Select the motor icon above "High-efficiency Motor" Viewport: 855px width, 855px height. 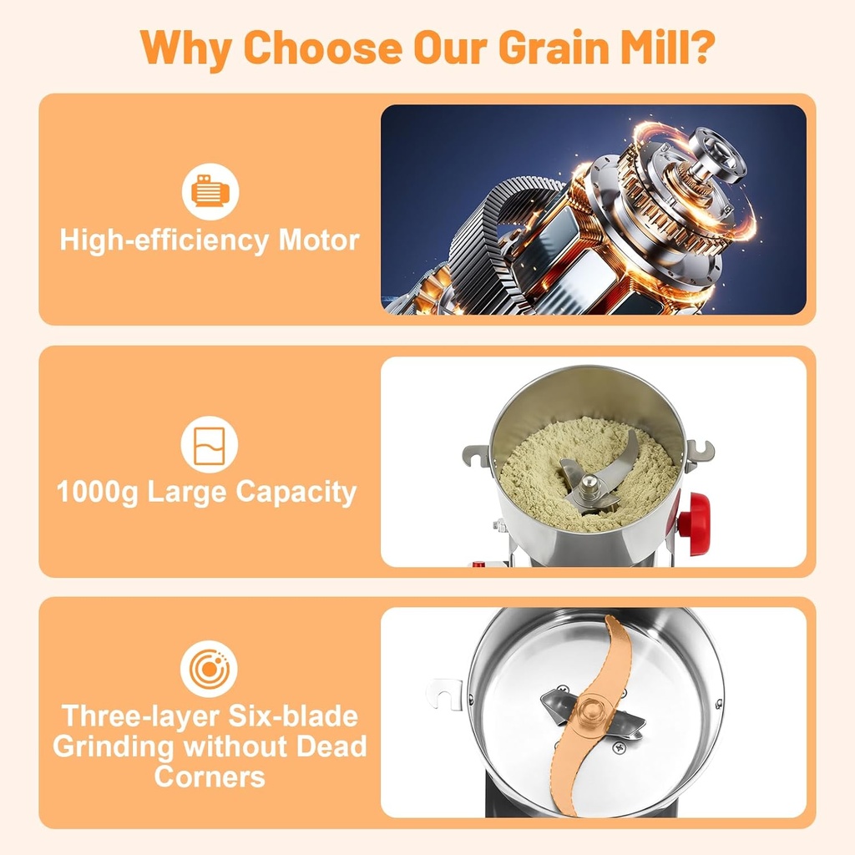click(x=210, y=192)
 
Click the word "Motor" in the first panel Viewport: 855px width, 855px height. click(x=318, y=240)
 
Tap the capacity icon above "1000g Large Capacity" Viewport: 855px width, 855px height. click(x=210, y=444)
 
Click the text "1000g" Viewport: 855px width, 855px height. click(x=98, y=492)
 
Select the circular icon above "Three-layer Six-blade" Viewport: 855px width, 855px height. click(x=210, y=670)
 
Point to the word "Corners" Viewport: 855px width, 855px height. click(x=210, y=777)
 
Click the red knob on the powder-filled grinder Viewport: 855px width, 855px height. click(x=695, y=514)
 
